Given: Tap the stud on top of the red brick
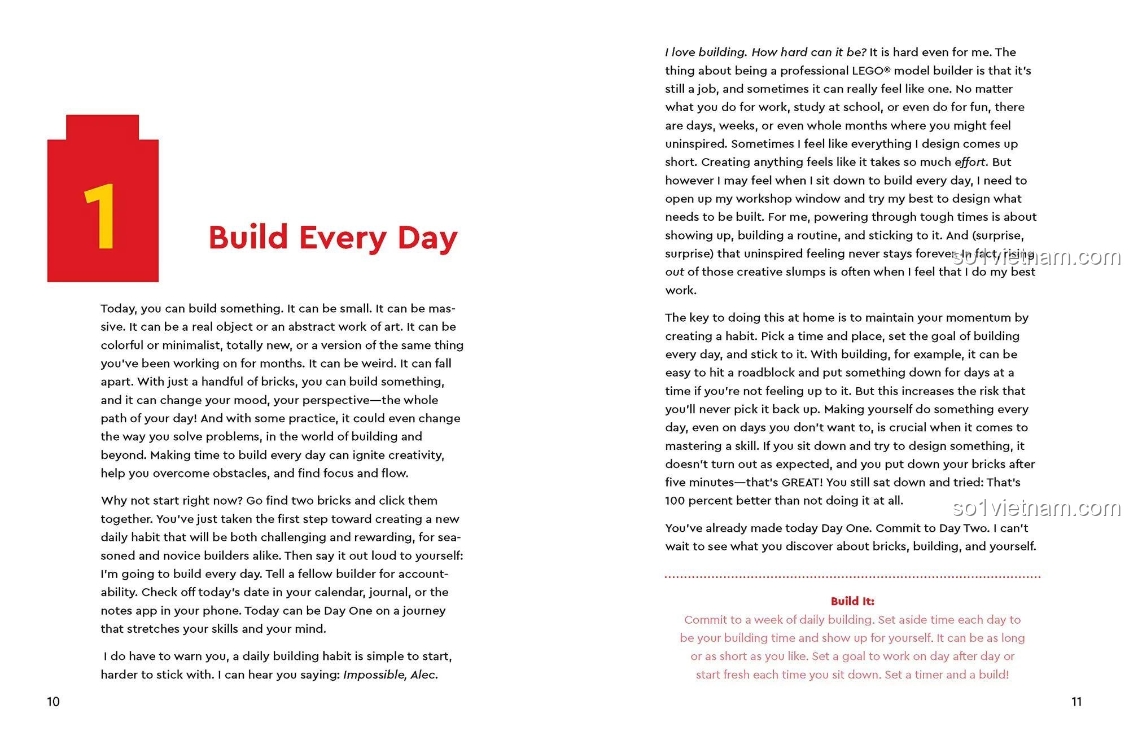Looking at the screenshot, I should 102,127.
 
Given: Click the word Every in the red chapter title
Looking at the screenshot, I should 343,238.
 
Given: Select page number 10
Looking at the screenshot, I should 53,702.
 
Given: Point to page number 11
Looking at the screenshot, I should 1077,702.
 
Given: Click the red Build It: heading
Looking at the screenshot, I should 852,601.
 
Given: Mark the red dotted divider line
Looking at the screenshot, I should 852,577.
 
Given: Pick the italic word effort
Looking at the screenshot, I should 970,162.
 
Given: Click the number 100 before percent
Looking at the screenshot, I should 675,501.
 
